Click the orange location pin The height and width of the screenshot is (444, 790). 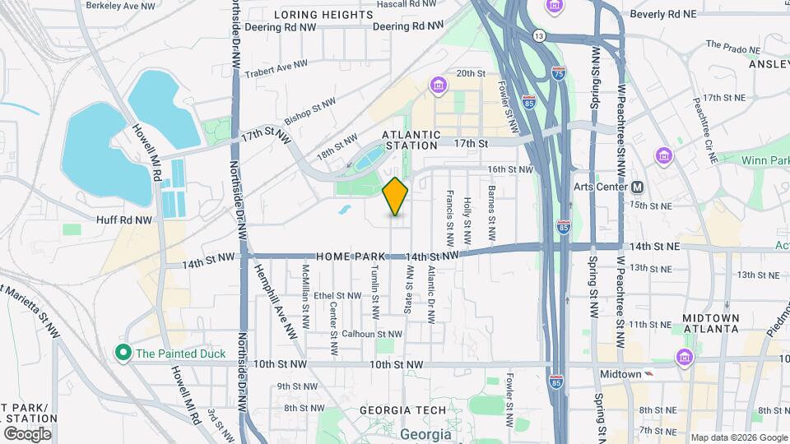[x=395, y=196]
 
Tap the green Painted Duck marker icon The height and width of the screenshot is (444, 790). [x=123, y=354]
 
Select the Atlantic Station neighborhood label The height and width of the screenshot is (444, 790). [x=411, y=140]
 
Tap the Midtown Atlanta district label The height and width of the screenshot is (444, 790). [x=711, y=323]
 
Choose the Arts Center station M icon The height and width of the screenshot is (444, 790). [x=637, y=186]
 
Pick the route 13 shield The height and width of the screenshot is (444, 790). [x=539, y=36]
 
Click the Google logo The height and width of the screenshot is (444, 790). [x=27, y=433]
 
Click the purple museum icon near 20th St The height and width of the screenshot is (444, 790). [x=438, y=85]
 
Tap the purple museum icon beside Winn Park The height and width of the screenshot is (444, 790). [x=663, y=155]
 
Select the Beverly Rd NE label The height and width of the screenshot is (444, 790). [x=662, y=15]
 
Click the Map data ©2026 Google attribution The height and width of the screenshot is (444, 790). [x=737, y=437]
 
